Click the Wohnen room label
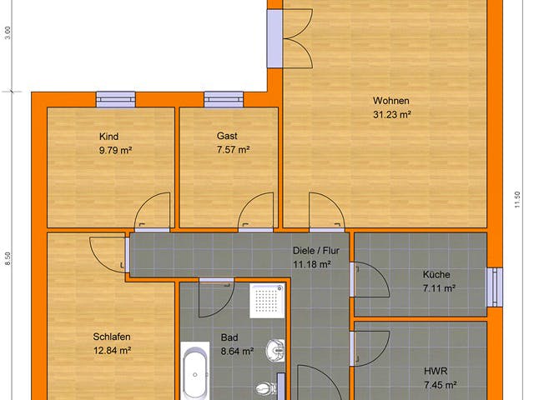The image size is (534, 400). pos(390,102)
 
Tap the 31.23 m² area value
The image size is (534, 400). pos(390,116)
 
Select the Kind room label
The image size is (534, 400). pos(109,136)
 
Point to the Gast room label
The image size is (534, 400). pos(227,136)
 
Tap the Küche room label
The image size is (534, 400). pos(436,274)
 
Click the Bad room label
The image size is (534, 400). pos(229,337)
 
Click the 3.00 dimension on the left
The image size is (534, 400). pos(8,32)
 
